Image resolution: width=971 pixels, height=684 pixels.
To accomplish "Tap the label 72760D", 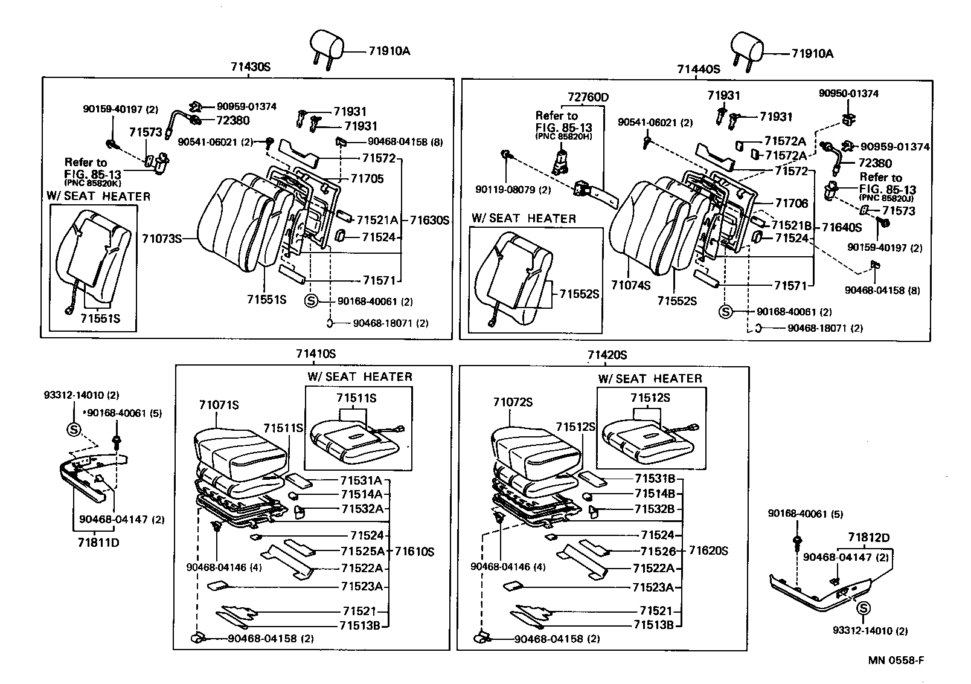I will click(x=588, y=97).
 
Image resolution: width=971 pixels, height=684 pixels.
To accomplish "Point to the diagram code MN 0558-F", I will click(x=896, y=660).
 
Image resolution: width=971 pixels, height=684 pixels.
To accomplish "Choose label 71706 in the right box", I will click(x=791, y=203).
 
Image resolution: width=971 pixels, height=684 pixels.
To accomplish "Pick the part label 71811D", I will click(x=98, y=543).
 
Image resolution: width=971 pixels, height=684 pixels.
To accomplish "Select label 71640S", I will click(x=842, y=228).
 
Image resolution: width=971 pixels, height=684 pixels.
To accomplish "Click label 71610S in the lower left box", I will click(x=414, y=551).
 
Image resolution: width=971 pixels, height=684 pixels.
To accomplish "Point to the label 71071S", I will click(x=219, y=405).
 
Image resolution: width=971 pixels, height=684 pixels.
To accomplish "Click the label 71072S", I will click(x=513, y=402).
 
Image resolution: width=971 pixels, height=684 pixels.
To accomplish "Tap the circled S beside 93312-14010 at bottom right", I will click(x=864, y=608).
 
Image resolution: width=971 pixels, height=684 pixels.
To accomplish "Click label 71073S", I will click(x=162, y=239).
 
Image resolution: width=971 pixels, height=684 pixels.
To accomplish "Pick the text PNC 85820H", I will click(x=563, y=137).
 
